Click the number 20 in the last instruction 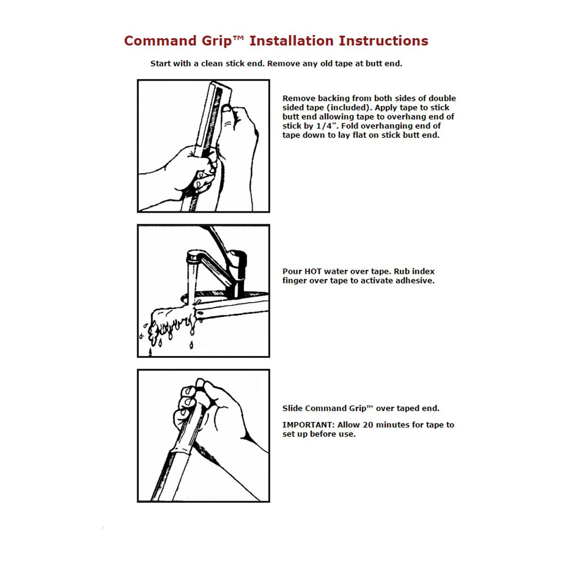point(368,425)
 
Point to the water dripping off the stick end point(169,325)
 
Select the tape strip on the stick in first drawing point(216,108)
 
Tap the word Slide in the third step point(292,408)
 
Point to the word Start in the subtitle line point(161,64)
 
